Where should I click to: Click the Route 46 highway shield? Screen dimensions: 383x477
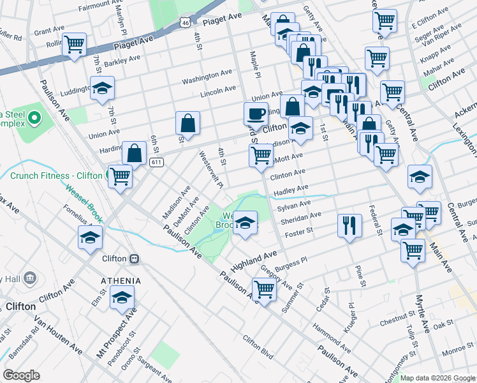(184, 22)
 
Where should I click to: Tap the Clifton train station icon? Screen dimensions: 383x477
(134, 259)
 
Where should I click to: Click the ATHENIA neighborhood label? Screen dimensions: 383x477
(119, 281)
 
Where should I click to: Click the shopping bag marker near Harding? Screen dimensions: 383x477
(134, 153)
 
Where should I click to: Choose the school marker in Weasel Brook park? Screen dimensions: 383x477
(244, 223)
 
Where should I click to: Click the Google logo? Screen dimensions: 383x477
(21, 375)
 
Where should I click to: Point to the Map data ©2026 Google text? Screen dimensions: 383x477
(437, 378)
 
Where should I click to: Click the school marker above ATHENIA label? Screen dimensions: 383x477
(121, 297)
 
